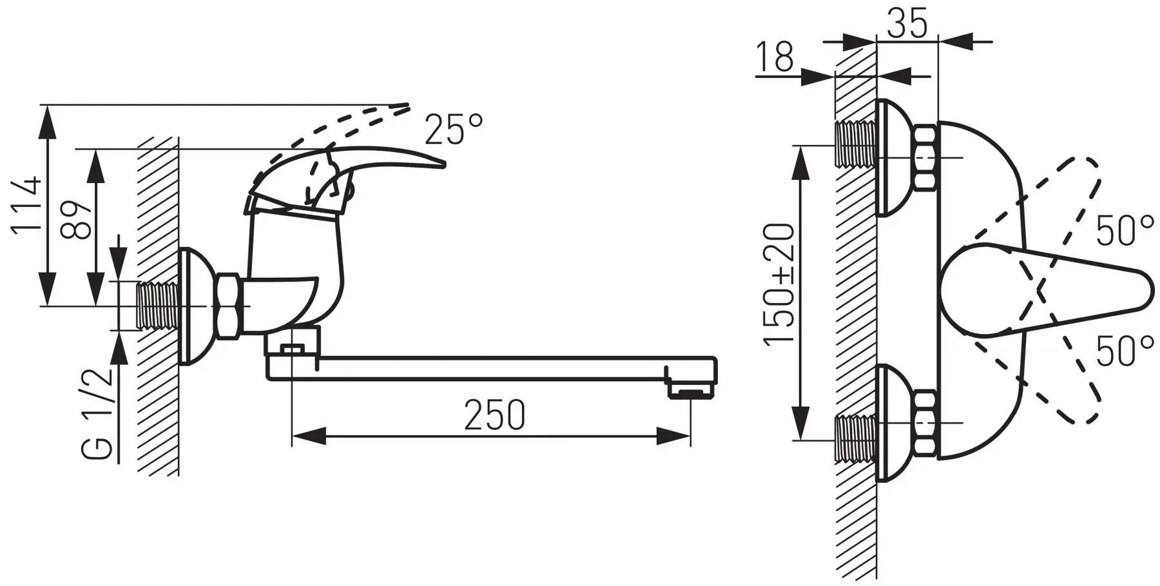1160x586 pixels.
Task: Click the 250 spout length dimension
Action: click(x=495, y=415)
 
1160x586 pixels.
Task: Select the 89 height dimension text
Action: click(x=79, y=220)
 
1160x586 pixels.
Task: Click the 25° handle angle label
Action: click(x=454, y=130)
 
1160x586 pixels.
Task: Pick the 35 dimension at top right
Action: click(x=907, y=24)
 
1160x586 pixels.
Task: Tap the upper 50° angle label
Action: click(x=1125, y=231)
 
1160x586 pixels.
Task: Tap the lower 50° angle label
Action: click(x=1125, y=352)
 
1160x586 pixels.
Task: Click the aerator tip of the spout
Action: click(x=691, y=391)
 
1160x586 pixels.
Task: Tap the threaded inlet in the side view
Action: click(x=158, y=307)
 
